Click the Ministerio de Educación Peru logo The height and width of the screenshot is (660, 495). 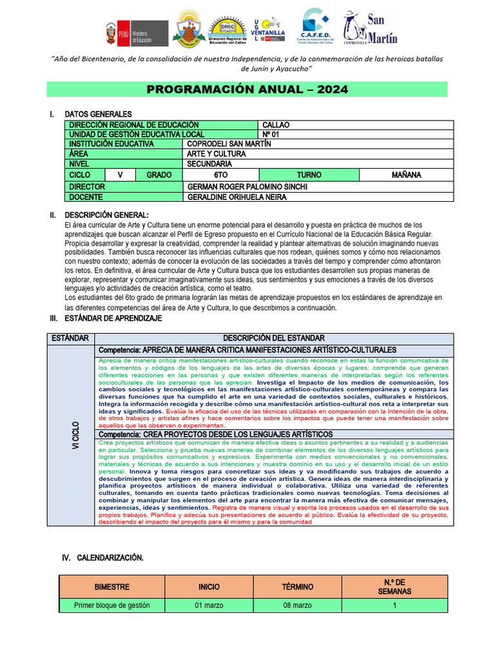coord(137,32)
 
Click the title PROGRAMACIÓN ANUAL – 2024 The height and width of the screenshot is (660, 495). coord(247,90)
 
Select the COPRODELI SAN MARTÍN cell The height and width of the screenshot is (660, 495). coord(229,144)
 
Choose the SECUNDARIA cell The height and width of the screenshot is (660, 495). coord(209,164)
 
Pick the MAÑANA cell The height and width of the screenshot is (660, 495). coord(406,175)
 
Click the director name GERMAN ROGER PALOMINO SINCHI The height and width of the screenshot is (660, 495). coord(247,187)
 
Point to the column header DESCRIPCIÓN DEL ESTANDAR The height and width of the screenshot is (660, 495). coord(274,338)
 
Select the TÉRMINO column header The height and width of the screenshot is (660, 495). coord(297,587)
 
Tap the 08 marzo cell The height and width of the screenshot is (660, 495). coord(297,605)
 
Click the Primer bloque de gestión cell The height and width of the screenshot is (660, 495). coord(112,605)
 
